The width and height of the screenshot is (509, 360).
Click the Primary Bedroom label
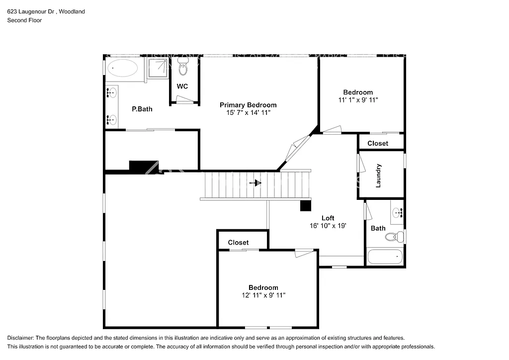point(248,105)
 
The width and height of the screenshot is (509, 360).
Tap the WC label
point(182,87)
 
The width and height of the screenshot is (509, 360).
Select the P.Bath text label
point(142,109)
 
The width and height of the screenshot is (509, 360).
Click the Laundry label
point(378,176)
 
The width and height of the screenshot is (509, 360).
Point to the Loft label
point(328,218)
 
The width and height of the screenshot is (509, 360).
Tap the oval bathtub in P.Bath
point(123,68)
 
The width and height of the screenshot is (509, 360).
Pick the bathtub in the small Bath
point(385,257)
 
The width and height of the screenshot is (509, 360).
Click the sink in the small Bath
point(397,213)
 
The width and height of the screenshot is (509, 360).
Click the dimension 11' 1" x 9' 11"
point(358,99)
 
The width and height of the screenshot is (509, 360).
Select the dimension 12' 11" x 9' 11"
point(263,295)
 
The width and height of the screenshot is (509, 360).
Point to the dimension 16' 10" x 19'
point(328,225)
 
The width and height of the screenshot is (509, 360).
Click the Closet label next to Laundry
point(378,144)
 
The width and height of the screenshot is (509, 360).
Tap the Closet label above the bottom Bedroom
point(238,242)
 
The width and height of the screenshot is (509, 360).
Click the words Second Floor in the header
point(24,20)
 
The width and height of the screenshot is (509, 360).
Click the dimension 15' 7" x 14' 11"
point(248,112)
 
